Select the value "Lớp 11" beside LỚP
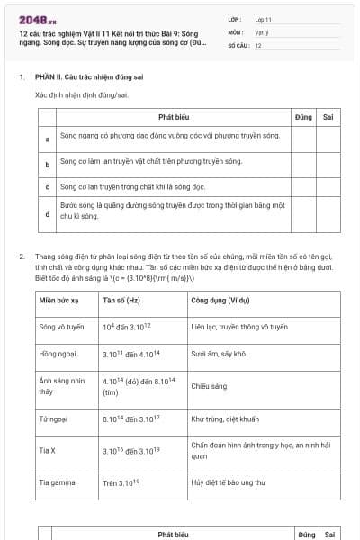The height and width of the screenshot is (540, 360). [x=264, y=19]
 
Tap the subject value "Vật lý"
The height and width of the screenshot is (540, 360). [x=262, y=31]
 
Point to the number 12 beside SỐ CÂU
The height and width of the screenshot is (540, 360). [x=258, y=44]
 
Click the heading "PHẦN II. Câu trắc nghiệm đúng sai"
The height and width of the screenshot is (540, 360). [x=89, y=77]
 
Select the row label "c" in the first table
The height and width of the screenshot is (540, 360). [x=47, y=188]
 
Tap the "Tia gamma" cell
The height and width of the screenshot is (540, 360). [x=55, y=482]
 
